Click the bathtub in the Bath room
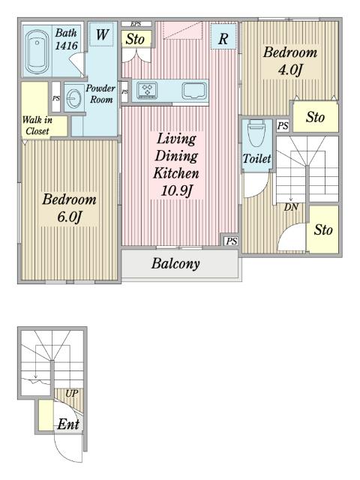click(37, 52)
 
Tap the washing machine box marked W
click(102, 34)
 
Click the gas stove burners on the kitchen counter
click(147, 91)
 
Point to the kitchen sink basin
click(193, 91)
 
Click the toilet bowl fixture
click(256, 133)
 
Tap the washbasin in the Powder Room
click(73, 98)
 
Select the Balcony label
click(175, 263)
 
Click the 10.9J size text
click(176, 190)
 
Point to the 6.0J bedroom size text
click(69, 217)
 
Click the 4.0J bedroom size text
click(290, 70)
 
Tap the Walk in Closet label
click(37, 125)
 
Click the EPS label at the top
click(136, 24)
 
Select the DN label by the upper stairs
click(291, 207)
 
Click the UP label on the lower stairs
click(72, 393)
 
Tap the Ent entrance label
click(68, 424)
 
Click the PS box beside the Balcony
click(231, 241)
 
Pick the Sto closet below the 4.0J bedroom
click(316, 117)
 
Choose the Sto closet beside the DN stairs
click(323, 229)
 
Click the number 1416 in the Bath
click(67, 46)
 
